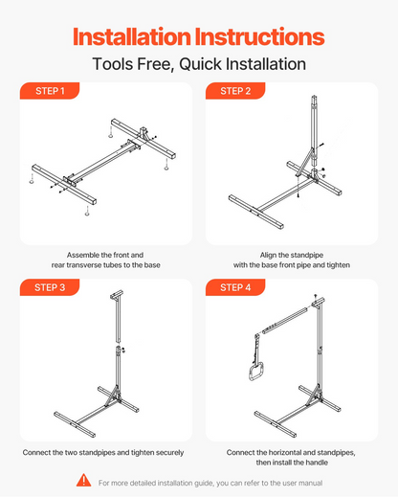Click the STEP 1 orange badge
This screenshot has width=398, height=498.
50,91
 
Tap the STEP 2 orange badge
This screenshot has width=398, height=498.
235,91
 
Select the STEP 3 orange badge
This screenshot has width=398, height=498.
50,287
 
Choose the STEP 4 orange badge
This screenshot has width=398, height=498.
235,287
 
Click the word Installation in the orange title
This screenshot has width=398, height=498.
132,37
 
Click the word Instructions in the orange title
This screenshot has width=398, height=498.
259,37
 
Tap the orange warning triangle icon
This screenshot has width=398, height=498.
83,480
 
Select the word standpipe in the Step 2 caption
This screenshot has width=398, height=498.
306,255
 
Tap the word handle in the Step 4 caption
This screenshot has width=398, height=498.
317,463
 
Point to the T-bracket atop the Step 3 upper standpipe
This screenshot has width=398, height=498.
117,295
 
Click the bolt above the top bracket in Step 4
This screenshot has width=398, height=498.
316,297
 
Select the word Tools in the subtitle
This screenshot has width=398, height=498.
112,64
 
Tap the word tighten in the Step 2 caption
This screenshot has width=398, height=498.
339,265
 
